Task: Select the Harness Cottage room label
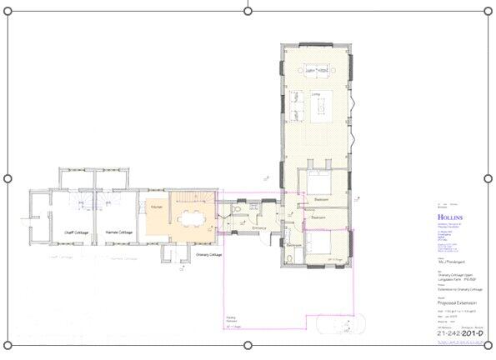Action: [120, 232]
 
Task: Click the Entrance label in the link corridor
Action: [258, 227]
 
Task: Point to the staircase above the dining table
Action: [193, 199]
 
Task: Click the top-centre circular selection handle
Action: [248, 10]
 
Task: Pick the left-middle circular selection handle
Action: [8, 178]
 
